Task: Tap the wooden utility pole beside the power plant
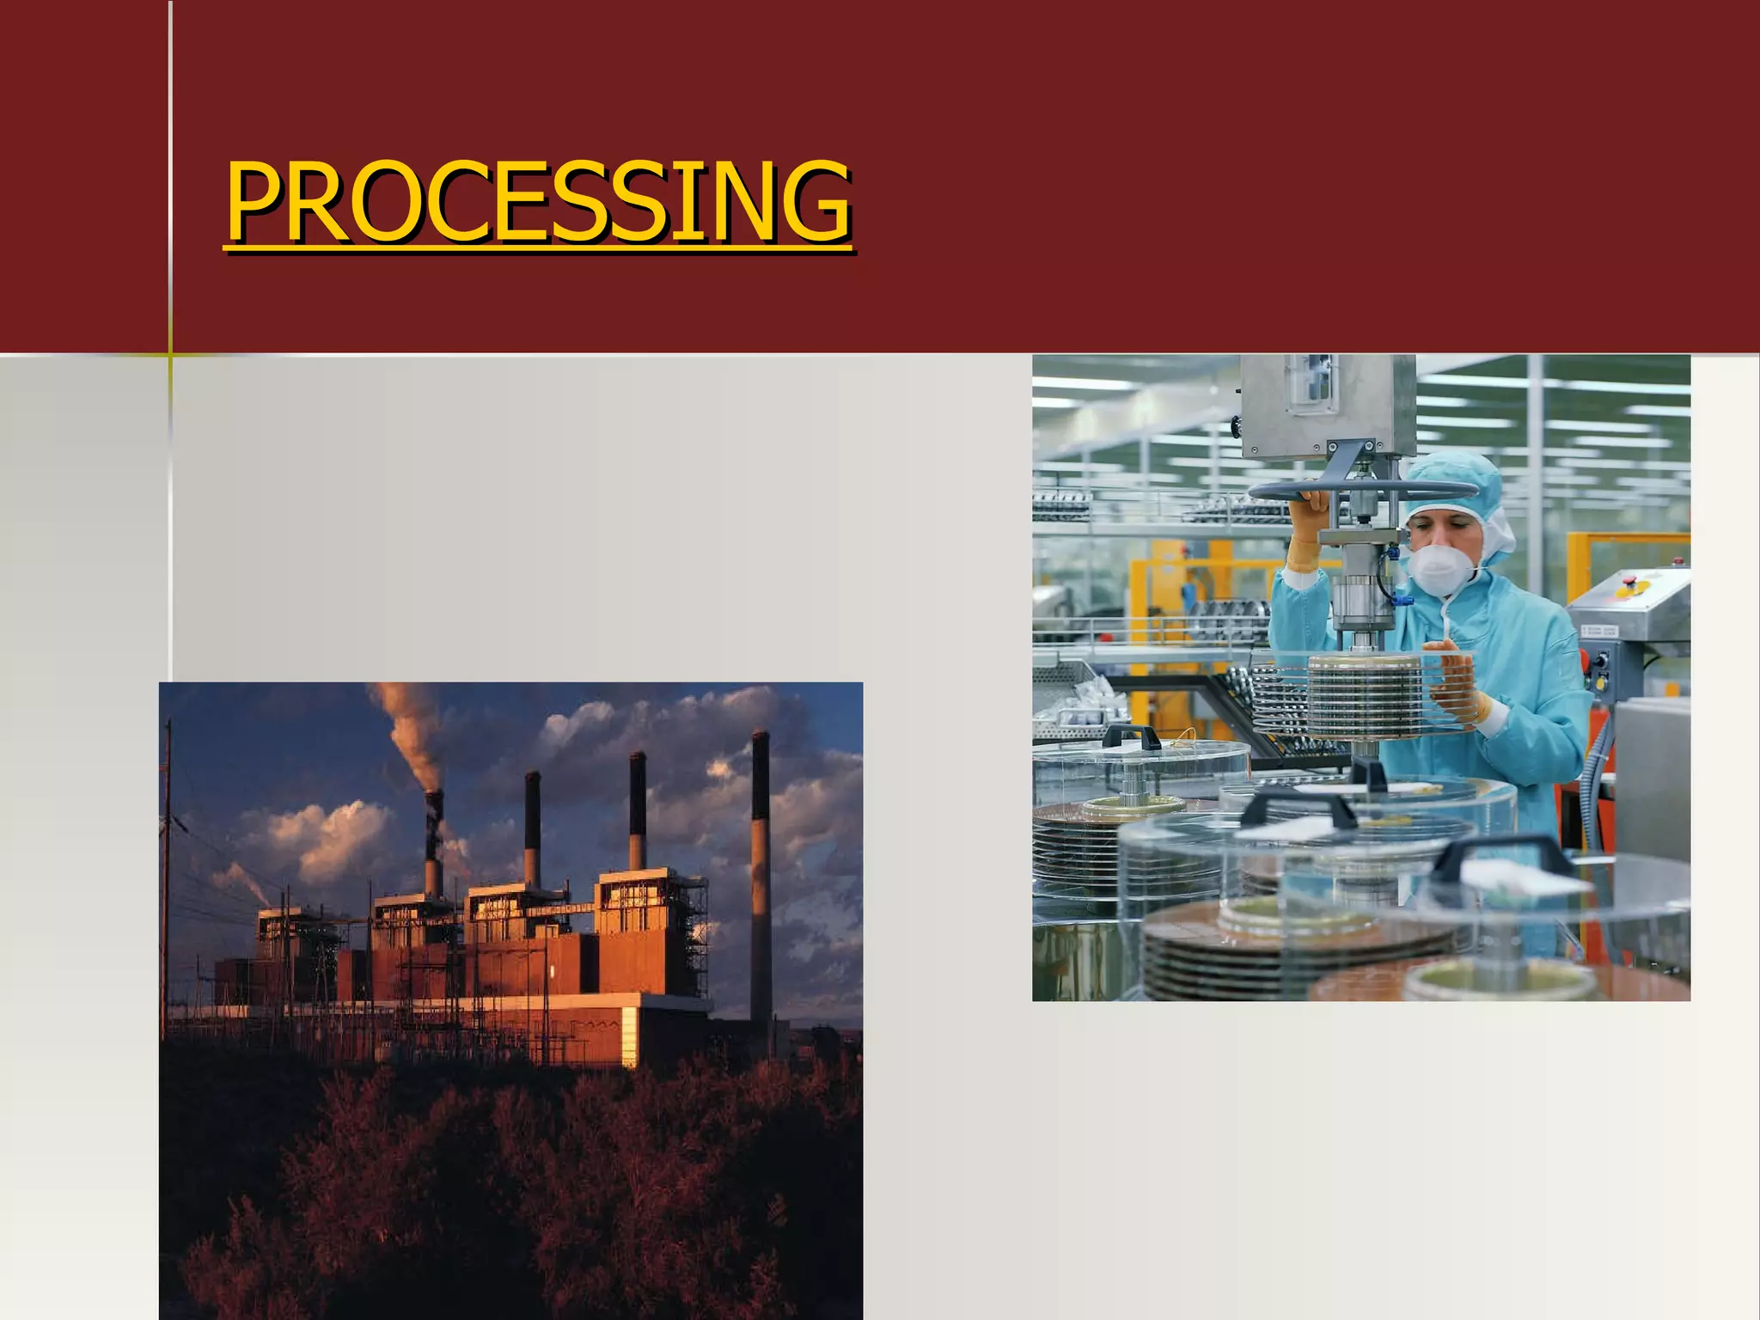167,859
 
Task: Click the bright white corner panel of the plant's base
630,1036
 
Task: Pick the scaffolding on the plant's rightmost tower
696,928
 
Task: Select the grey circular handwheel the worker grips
1362,491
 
